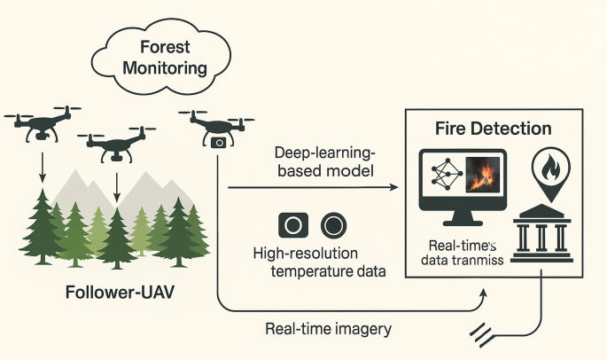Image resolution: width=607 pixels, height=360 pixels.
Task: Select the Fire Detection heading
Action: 494,129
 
